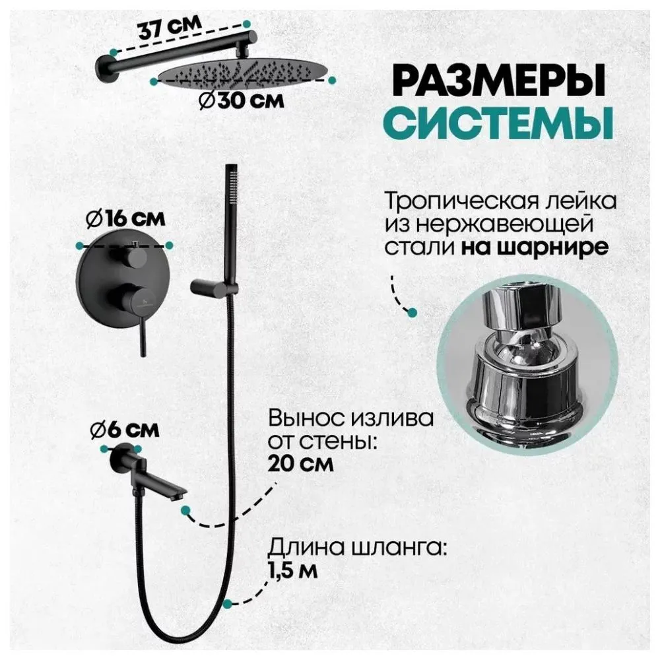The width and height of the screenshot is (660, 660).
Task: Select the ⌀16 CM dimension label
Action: coord(129,217)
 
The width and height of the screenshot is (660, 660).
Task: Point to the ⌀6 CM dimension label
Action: coord(125,430)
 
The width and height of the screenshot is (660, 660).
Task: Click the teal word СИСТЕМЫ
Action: coord(496,123)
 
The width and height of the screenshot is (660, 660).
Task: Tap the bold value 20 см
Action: coord(301,463)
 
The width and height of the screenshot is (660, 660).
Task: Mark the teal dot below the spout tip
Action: coord(187,510)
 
